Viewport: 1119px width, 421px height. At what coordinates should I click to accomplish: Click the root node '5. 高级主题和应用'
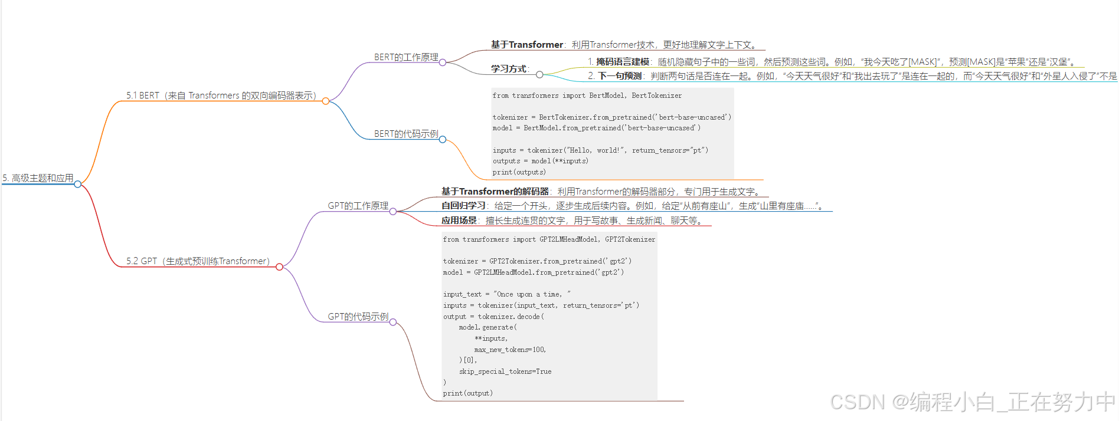click(38, 178)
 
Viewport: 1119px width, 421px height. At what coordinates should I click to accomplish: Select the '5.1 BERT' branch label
click(221, 96)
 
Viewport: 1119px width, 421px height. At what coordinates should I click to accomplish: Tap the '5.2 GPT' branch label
click(198, 261)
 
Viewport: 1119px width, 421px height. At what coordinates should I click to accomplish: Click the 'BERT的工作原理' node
click(406, 57)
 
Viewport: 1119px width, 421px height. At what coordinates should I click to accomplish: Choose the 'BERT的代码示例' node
click(406, 134)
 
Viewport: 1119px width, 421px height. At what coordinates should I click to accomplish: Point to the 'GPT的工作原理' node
click(358, 206)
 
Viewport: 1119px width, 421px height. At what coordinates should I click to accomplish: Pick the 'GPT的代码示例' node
click(358, 317)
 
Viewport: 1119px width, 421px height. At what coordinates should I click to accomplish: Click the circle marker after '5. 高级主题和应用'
click(78, 184)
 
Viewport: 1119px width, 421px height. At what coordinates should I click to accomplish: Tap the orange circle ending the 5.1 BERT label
click(326, 101)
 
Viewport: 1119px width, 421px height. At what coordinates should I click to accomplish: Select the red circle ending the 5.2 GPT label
click(280, 267)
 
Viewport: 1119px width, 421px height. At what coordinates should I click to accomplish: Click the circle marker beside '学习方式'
click(539, 74)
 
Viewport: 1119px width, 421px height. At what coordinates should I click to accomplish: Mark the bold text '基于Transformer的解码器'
click(495, 192)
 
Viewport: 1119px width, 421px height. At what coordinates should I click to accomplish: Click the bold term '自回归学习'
click(463, 206)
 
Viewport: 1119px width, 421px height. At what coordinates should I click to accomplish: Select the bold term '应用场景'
click(459, 221)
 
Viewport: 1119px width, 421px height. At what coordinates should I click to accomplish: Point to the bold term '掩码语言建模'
click(622, 62)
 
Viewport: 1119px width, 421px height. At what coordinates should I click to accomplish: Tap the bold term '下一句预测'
click(620, 76)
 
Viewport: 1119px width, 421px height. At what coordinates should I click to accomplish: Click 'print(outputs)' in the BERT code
click(519, 172)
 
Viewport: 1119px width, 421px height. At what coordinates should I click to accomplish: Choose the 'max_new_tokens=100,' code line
click(510, 350)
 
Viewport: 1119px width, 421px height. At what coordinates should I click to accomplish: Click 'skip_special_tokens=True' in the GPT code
click(505, 371)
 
